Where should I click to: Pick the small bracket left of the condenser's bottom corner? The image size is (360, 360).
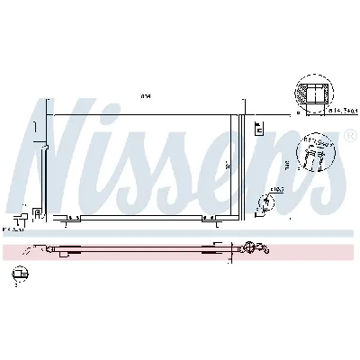36,212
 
